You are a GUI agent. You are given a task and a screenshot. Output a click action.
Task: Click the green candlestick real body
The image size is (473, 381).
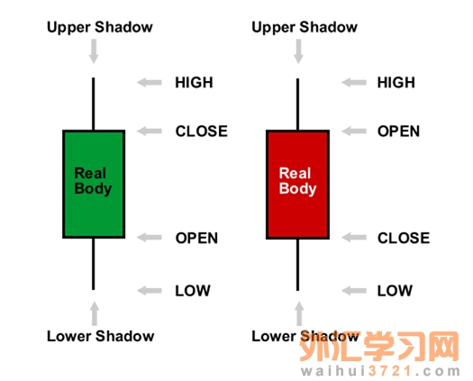tap(94, 184)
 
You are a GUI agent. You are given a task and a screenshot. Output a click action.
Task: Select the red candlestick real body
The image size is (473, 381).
tap(297, 185)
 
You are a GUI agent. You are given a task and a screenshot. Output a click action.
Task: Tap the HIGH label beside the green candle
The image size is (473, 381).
tap(194, 82)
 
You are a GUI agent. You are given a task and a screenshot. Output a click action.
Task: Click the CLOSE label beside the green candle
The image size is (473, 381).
tap(202, 132)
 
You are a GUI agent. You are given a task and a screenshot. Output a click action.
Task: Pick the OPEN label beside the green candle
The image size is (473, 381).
tap(196, 238)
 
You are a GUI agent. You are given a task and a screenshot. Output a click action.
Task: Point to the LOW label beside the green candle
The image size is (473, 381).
tap(193, 291)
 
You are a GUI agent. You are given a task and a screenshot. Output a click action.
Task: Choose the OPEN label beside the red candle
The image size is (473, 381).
tap(398, 132)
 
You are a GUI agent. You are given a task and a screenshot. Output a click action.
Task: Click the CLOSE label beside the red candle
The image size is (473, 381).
tap(404, 238)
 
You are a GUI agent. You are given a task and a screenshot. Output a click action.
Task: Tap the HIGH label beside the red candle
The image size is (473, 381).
tap(396, 82)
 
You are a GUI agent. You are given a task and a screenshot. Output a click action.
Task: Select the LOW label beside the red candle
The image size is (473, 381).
tap(395, 291)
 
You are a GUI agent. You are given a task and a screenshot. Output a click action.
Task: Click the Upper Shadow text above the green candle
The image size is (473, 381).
tap(100, 27)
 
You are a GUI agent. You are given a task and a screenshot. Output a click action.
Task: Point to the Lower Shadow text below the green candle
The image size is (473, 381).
tap(100, 336)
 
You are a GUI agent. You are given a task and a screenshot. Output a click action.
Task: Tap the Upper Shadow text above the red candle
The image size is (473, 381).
tap(305, 27)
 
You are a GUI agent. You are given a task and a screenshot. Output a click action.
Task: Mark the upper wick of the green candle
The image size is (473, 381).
tap(94, 104)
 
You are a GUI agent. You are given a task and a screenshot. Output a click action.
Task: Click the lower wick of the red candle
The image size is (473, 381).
tap(297, 265)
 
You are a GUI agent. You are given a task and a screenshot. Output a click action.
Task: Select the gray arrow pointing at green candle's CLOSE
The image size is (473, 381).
tap(150, 132)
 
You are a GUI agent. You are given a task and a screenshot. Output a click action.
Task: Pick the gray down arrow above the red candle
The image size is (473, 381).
tap(298, 51)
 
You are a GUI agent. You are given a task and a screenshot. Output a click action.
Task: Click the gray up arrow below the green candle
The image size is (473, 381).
tap(95, 313)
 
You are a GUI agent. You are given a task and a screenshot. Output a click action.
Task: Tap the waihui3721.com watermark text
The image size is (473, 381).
tap(381, 371)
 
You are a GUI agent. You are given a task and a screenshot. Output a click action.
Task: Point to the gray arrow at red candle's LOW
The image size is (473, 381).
tap(354, 291)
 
